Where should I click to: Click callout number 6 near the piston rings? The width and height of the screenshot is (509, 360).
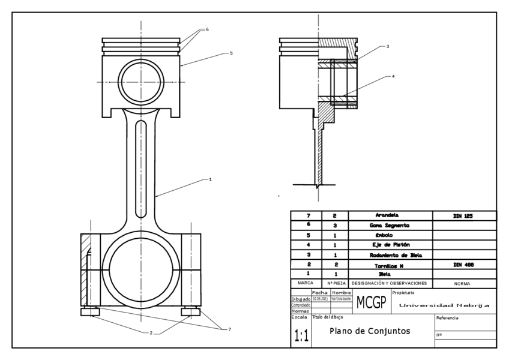207,29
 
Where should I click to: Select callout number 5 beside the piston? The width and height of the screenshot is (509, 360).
231,53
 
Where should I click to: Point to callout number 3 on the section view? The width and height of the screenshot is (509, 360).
387,46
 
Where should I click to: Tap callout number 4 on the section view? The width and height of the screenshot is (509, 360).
393,77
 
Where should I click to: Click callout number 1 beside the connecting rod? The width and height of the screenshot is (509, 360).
210,179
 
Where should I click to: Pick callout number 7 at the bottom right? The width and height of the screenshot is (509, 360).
229,329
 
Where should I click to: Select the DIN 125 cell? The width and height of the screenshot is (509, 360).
465,215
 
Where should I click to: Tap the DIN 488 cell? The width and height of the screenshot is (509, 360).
465,264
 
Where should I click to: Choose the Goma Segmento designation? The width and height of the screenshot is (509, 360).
389,225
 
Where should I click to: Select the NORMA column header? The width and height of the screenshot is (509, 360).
462,283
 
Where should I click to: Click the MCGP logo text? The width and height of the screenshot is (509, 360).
372,301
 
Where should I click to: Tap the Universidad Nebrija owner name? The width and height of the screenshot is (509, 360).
444,305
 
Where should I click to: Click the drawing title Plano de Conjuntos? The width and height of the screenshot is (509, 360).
370,331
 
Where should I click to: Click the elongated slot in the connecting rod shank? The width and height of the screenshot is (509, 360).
141,156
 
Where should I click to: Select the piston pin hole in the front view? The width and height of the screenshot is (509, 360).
141,82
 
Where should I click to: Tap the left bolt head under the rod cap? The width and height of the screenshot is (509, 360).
89,312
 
